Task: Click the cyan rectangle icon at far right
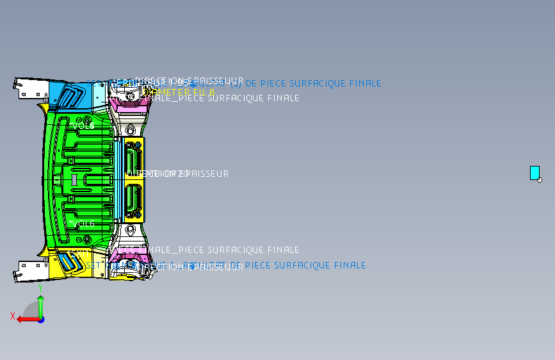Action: point(535,172)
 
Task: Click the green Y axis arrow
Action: point(40,306)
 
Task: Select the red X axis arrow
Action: point(26,318)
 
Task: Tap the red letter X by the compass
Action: point(13,315)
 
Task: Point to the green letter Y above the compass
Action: point(40,288)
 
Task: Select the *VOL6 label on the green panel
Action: point(83,224)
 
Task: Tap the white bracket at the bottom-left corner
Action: point(27,270)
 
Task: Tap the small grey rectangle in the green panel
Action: point(74,179)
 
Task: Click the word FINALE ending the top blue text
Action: point(366,83)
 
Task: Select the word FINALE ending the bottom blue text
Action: point(350,265)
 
